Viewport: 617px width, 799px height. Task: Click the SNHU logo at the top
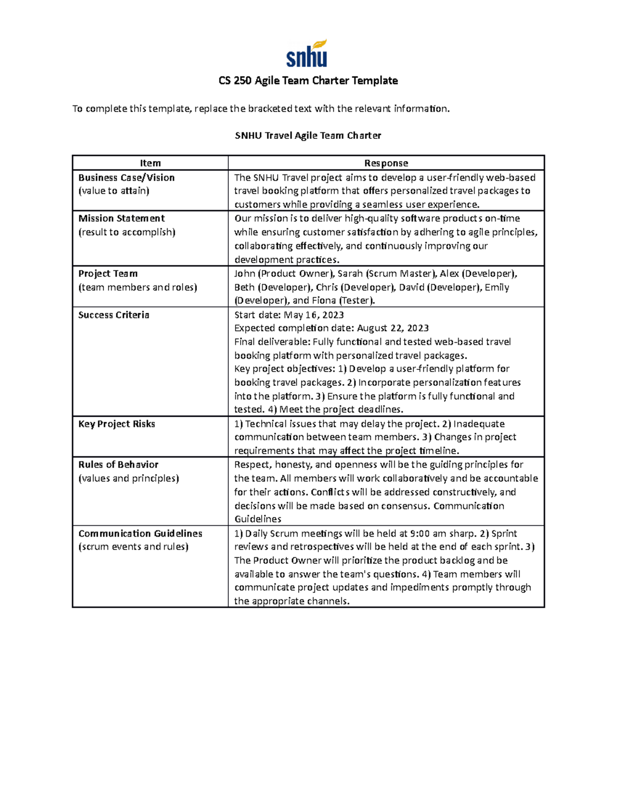coord(307,54)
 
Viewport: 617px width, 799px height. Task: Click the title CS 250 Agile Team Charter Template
coord(308,81)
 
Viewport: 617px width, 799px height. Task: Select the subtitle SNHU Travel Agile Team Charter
coord(308,136)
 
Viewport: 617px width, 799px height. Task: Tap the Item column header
coord(150,163)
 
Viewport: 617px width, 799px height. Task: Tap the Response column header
coord(386,163)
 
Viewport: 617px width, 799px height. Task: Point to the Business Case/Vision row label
coord(126,177)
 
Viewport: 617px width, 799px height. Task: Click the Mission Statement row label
coord(121,219)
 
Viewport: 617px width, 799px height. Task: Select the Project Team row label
coord(108,274)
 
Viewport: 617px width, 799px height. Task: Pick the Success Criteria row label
coord(114,315)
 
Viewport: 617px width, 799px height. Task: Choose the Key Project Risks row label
coord(117,424)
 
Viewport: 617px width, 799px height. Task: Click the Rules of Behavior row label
coord(118,465)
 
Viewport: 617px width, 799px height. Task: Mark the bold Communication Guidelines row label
coord(140,534)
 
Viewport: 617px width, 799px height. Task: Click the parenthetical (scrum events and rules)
coord(133,547)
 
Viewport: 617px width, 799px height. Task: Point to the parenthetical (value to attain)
coord(114,191)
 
